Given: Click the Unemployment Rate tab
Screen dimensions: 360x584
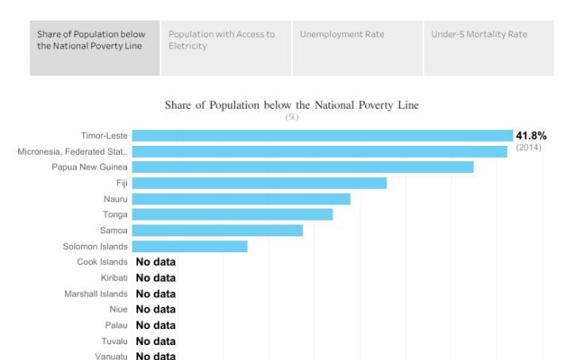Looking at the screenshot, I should click(x=357, y=48).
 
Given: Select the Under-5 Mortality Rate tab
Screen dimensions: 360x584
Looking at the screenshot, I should click(x=489, y=48).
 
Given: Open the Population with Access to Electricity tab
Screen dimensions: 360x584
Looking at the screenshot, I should click(x=226, y=48).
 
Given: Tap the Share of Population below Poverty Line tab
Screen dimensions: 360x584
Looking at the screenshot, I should click(x=95, y=48).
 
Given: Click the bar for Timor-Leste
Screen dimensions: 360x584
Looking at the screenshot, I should click(x=322, y=136).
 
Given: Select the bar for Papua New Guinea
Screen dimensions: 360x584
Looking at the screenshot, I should click(x=302, y=167).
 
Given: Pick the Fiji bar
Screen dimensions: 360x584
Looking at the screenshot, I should click(x=259, y=183).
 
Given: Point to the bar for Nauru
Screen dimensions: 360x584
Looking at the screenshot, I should click(x=240, y=199).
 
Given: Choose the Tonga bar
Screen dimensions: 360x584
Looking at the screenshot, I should click(x=232, y=215).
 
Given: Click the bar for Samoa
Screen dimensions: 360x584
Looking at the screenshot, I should click(x=217, y=231).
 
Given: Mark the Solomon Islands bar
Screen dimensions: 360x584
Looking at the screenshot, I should click(x=189, y=247).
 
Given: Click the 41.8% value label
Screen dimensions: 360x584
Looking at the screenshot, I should click(x=531, y=136).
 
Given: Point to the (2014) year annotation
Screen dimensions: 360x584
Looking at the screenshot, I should click(x=528, y=147).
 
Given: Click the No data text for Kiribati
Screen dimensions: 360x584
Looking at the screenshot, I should click(x=156, y=278).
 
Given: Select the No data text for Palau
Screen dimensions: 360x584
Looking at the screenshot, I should click(x=156, y=326).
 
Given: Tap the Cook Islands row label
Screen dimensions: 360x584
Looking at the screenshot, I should click(x=102, y=262).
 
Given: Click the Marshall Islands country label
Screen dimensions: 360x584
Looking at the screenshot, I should click(x=95, y=294).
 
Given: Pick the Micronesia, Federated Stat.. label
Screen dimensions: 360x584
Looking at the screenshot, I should click(x=72, y=151).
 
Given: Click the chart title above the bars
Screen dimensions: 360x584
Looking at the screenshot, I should click(x=291, y=105).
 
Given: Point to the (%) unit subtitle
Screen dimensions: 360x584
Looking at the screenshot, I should click(x=291, y=117).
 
